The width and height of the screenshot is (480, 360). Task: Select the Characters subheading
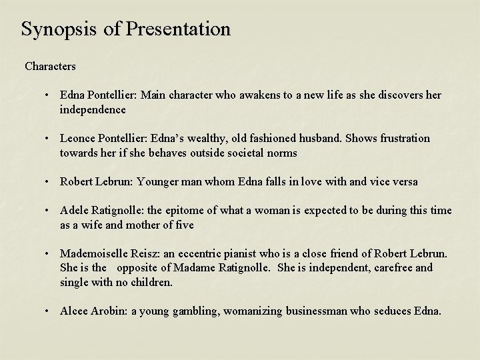[x=50, y=67]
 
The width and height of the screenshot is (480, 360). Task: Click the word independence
[x=92, y=109]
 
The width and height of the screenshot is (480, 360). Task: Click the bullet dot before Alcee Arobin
[x=49, y=311]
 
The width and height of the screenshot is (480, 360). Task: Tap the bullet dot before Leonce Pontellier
[x=49, y=139]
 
